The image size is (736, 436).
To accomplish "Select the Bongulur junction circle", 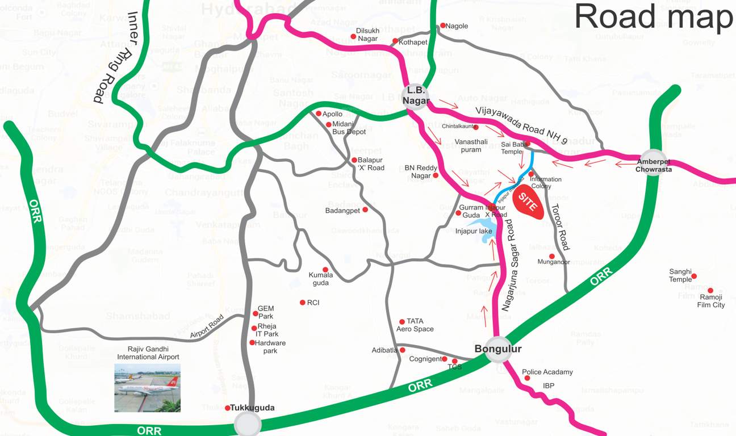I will (498, 351).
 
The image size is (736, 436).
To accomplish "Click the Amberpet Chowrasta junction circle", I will (653, 162).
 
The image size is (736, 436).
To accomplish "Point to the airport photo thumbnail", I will (147, 388).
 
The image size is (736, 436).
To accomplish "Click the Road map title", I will (654, 18).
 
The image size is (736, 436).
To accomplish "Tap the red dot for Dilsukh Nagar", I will (353, 37).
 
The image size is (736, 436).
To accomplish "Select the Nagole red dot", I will (442, 26).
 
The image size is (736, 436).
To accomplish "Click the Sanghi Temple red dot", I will (693, 276).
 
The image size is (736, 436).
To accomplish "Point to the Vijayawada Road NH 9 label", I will (522, 124).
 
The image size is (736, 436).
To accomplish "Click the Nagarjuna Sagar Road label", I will (508, 265).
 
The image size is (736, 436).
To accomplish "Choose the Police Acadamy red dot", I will (526, 378).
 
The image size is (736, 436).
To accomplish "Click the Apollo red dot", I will (319, 114).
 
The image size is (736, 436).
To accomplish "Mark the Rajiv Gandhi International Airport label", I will (148, 353).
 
